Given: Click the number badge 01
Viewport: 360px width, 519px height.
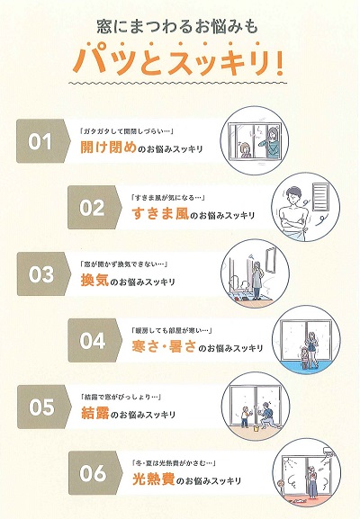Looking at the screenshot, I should click(42, 143).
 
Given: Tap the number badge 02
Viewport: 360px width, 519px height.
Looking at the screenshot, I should click(93, 208).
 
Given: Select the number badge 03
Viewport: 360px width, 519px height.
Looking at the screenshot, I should click(42, 274).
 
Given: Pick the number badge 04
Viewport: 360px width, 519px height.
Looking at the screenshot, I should click(93, 340).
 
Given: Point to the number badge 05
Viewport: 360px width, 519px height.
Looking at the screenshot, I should click(42, 407).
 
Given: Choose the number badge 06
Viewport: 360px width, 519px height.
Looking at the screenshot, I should click(93, 472).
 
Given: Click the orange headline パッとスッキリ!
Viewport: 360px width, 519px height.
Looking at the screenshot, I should click(179, 61).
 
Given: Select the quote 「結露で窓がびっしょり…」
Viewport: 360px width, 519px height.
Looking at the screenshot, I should click(120, 396).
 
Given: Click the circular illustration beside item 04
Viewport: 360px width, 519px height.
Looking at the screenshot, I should click(307, 340).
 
